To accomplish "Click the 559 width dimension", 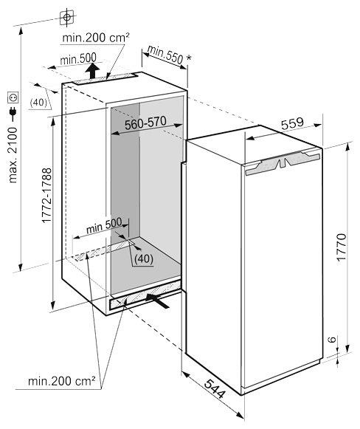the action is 292,124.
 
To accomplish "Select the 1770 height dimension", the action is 341,247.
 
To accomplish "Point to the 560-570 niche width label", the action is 145,123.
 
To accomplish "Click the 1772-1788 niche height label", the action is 46,196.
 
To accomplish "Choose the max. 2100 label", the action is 13,155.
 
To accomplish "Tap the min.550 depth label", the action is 165,54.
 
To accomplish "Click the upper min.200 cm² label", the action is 96,38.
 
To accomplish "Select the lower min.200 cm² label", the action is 62,380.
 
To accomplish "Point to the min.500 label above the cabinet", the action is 78,58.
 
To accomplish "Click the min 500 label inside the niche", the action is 104,225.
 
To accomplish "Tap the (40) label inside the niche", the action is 144,258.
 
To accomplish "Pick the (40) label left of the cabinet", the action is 38,103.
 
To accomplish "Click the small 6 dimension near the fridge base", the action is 332,339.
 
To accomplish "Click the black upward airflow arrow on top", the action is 92,71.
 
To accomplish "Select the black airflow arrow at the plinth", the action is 157,300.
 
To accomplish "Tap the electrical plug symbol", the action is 13,111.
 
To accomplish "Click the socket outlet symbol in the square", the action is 13,97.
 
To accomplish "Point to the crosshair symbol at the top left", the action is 66,18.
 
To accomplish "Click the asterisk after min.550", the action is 189,58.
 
